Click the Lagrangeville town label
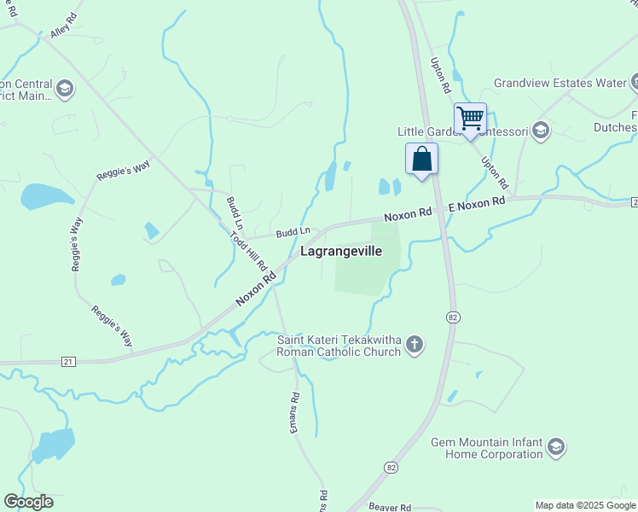[x=340, y=252]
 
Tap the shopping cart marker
[x=470, y=118]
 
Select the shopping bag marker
[x=421, y=159]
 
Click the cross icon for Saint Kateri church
[x=414, y=345]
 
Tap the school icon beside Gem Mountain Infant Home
[x=556, y=447]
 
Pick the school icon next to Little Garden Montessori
[x=540, y=131]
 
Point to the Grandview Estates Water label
[x=560, y=84]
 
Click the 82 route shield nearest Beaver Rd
[x=391, y=468]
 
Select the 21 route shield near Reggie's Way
[x=68, y=362]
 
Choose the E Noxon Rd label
[x=478, y=204]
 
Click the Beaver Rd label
[x=391, y=506]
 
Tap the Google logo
[x=28, y=502]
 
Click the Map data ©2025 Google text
[x=585, y=505]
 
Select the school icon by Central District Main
[x=65, y=89]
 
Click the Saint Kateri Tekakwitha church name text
[x=339, y=346]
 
